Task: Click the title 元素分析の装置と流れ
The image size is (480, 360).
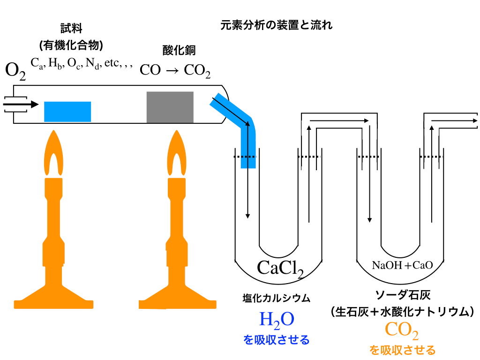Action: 277,25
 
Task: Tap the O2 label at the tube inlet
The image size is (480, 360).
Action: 15,70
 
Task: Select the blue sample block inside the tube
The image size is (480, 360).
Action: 67,111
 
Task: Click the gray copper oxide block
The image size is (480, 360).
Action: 170,107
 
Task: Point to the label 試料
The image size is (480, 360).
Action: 71,29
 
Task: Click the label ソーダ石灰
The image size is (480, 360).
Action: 403,295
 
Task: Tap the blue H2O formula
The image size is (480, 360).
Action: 277,320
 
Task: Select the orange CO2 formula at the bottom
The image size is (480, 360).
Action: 402,330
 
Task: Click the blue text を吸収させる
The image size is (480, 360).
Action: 277,340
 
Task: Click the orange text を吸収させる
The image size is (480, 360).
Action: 402,350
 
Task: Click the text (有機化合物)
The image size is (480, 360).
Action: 71,45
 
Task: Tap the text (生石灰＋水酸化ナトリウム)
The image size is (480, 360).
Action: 403,311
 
